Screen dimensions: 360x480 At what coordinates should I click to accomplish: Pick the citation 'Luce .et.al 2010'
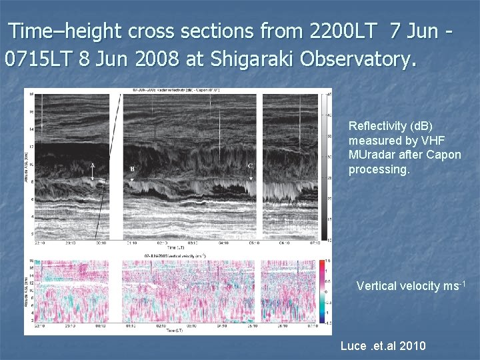point(383,346)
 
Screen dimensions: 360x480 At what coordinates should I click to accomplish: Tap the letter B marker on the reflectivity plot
point(132,169)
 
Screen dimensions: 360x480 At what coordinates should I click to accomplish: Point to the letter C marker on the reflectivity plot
point(250,165)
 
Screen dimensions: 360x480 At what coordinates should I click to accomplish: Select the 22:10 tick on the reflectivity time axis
point(39,243)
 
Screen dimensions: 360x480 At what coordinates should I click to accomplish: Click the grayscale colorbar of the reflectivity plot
point(323,167)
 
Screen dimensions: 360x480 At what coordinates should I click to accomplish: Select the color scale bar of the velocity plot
point(323,291)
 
